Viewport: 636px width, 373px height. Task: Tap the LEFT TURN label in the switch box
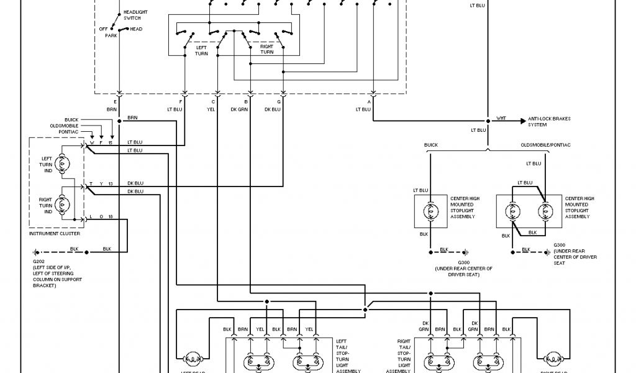tap(201, 49)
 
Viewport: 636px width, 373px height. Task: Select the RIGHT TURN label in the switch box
tap(266, 49)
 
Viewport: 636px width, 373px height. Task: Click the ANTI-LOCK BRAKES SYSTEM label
tap(549, 121)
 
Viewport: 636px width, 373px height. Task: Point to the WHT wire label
tap(501, 118)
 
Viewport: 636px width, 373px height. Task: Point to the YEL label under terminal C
tap(213, 109)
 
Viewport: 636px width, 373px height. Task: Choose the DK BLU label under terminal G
tap(273, 109)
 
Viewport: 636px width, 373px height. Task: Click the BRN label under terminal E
tap(112, 109)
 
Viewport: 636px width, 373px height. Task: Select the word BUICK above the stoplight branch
tap(431, 145)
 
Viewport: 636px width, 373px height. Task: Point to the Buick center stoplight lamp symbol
tap(429, 212)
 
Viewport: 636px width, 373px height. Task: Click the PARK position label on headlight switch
tap(111, 35)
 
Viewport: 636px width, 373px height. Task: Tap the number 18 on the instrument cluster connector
tap(110, 216)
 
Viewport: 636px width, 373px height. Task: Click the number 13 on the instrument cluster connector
tap(110, 184)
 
